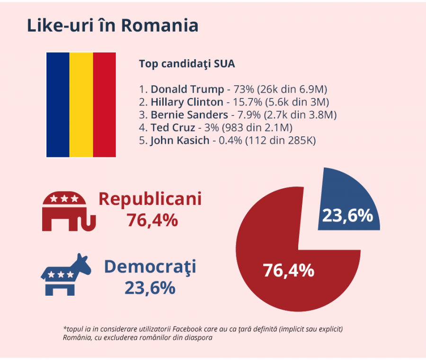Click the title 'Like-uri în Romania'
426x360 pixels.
(112, 26)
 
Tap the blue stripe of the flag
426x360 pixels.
(58, 105)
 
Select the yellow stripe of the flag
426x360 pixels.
(81, 105)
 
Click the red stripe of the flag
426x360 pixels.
(104, 105)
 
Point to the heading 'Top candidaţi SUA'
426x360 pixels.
(186, 64)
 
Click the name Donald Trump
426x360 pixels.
(187, 89)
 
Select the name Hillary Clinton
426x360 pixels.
(187, 102)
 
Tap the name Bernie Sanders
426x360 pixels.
(189, 114)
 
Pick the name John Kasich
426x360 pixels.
(180, 140)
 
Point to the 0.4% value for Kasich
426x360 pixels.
(231, 140)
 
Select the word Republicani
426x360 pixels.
(150, 199)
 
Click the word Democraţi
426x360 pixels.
(150, 267)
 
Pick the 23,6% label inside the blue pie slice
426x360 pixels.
(347, 215)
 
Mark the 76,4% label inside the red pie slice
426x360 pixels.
(288, 271)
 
